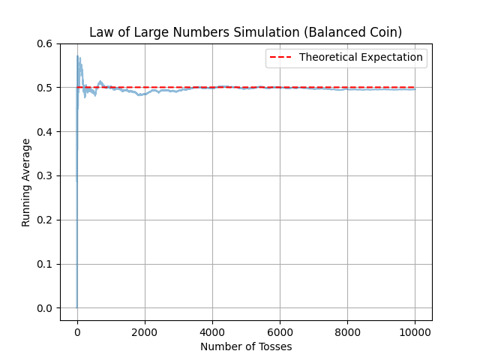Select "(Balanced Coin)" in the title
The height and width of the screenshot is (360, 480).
pos(353,32)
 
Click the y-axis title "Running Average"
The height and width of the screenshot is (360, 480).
pos(26,183)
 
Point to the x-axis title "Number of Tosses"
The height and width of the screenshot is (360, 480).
pos(246,346)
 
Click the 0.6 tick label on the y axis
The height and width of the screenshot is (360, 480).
pos(45,43)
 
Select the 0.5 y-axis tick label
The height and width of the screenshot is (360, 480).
pos(45,88)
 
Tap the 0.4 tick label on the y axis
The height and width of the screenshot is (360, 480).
pos(45,132)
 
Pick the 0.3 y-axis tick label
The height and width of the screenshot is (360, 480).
pos(45,176)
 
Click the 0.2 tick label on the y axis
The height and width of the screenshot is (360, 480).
pos(45,220)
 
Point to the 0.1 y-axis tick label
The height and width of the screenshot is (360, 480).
pos(45,264)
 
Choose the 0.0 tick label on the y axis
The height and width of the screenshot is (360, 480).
pos(45,308)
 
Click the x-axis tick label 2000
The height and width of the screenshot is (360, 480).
pos(145,332)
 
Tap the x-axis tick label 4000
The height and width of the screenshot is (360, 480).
pos(212,332)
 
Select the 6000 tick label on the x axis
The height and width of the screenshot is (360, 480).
pos(280,332)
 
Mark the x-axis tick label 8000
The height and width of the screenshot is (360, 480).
pos(347,332)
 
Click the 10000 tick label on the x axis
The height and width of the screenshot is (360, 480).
pos(415,332)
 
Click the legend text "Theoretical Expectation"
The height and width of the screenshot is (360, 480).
pos(361,57)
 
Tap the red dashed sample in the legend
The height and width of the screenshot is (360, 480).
pos(280,57)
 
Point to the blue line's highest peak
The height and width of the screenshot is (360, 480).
pos(77,55)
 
